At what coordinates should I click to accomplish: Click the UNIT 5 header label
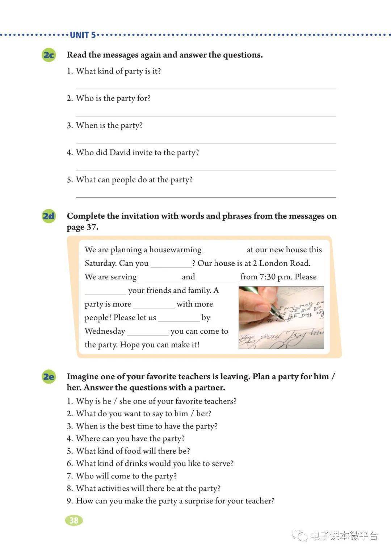[x=83, y=35]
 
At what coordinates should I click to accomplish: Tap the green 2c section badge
[x=49, y=55]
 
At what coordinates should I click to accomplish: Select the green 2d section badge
[x=49, y=216]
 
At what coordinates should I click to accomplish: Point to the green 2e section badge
[x=49, y=377]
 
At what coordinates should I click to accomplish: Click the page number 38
[x=74, y=520]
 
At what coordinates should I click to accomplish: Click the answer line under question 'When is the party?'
[x=206, y=143]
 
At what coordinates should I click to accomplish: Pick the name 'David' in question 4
[x=120, y=153]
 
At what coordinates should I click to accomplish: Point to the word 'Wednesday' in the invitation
[x=105, y=331]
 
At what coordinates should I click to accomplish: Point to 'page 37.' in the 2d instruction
[x=83, y=227]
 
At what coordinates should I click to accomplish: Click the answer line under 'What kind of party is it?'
[x=206, y=88]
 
